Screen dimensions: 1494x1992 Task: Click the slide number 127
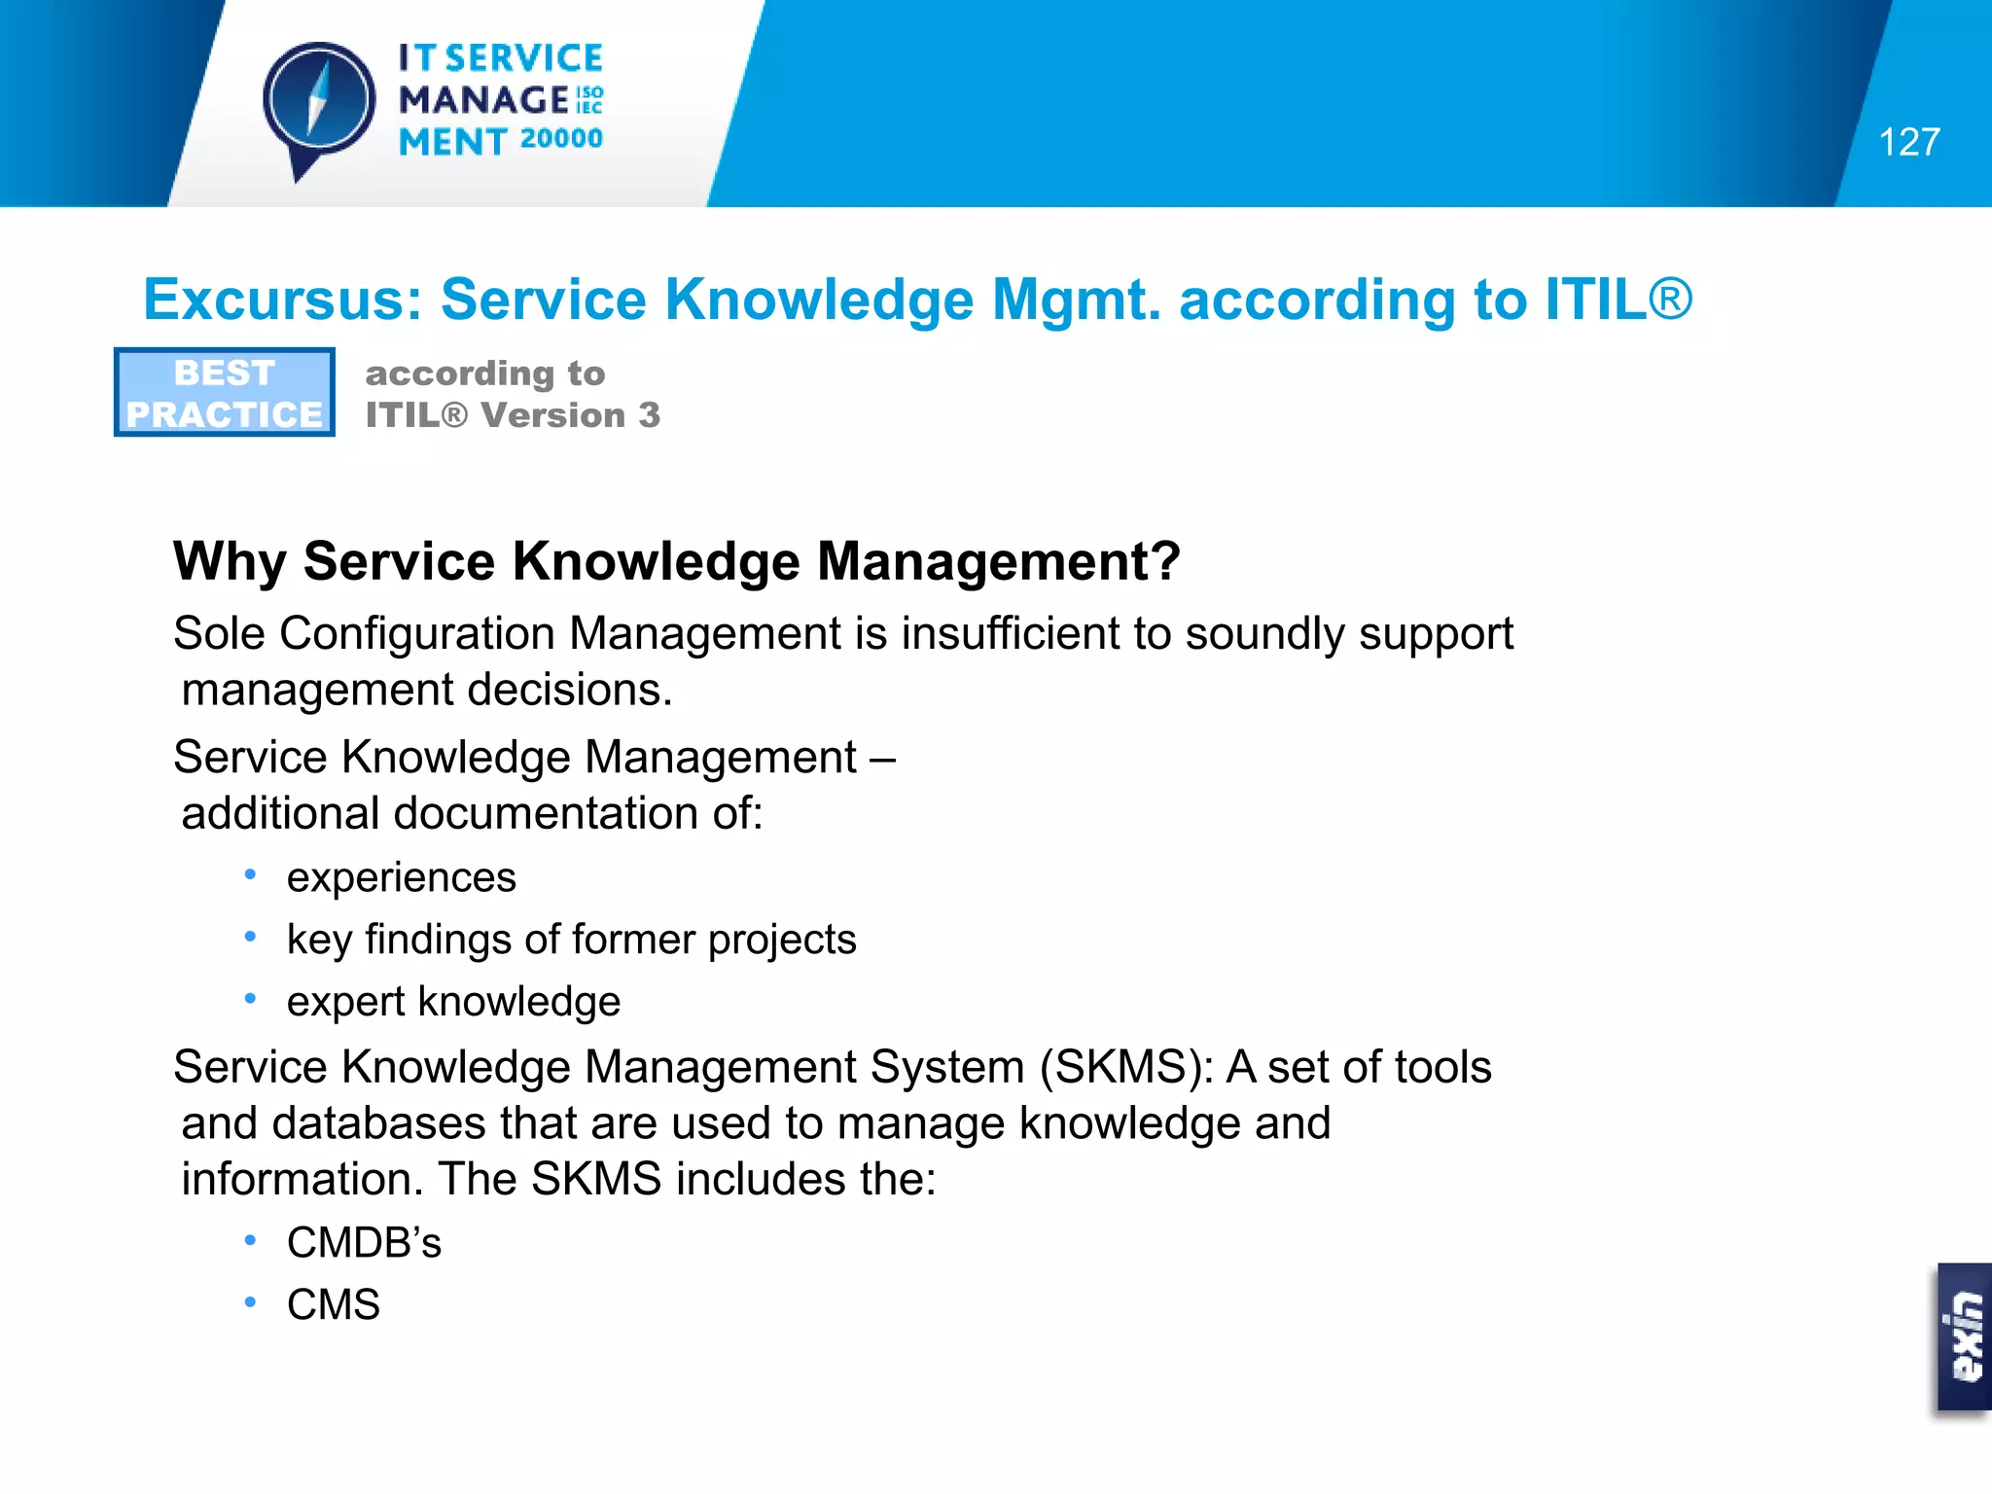click(x=1908, y=143)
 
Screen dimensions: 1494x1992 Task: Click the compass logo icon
click(x=318, y=103)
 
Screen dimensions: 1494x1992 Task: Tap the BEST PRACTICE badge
click(x=225, y=393)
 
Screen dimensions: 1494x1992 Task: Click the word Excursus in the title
click(x=281, y=300)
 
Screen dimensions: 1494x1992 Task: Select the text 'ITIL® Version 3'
click(x=513, y=415)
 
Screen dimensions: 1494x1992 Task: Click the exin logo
click(x=1965, y=1336)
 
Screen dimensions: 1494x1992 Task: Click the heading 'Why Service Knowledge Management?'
click(x=676, y=562)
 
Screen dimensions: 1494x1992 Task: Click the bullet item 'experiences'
click(x=401, y=878)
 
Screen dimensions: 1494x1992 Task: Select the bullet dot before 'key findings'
click(x=250, y=938)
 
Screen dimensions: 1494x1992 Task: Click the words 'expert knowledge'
click(x=453, y=1002)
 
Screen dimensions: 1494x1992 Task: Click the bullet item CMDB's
click(x=364, y=1243)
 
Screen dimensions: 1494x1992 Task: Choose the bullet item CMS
click(x=333, y=1305)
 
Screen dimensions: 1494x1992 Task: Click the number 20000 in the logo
click(x=561, y=139)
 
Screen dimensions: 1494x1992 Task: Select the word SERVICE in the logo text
click(x=524, y=58)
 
